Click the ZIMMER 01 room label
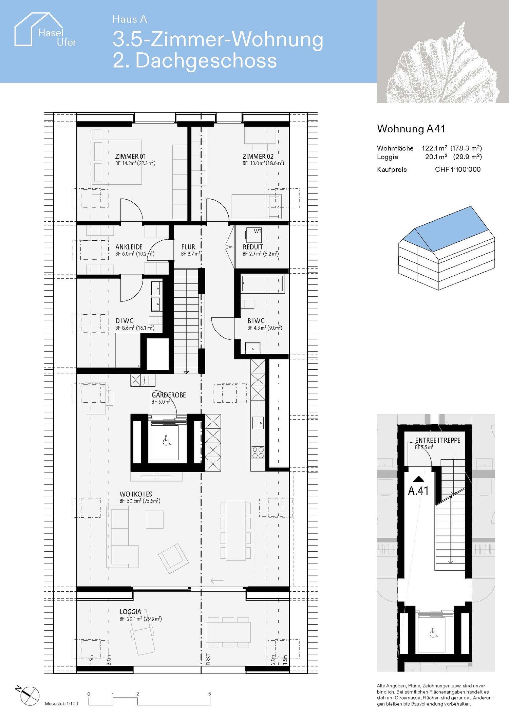point(130,156)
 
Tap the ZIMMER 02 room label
point(258,156)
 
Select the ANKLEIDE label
point(129,247)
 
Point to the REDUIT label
point(253,247)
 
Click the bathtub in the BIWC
point(262,284)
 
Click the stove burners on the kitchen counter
point(258,453)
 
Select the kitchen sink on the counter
point(258,423)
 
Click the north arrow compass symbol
point(29,696)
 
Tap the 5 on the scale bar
point(209,694)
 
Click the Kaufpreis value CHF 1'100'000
point(457,169)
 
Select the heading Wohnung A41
point(411,129)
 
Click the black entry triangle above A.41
point(418,479)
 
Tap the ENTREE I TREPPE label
point(437,440)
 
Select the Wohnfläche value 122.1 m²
point(434,148)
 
